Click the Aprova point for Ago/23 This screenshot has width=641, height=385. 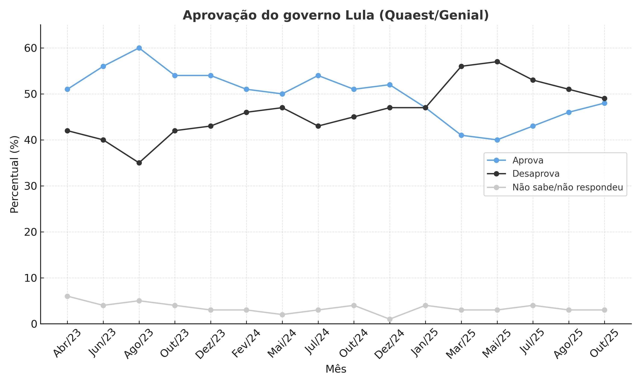click(x=139, y=48)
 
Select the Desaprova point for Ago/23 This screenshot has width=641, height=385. click(x=139, y=163)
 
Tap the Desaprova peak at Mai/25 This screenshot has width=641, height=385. click(x=497, y=62)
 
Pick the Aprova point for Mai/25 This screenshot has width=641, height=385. click(x=497, y=140)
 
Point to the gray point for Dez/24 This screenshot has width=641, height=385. click(x=390, y=319)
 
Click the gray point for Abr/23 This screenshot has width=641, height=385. click(x=67, y=296)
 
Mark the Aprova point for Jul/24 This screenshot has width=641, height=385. click(x=318, y=76)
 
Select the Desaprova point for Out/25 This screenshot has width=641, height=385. click(x=604, y=99)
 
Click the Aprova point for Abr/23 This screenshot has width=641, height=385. click(x=67, y=89)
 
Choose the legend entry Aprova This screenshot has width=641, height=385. click(x=528, y=160)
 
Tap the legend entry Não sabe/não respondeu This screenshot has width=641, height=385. click(x=567, y=187)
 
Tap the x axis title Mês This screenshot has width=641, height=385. click(x=336, y=369)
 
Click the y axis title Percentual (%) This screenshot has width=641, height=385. click(x=15, y=174)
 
